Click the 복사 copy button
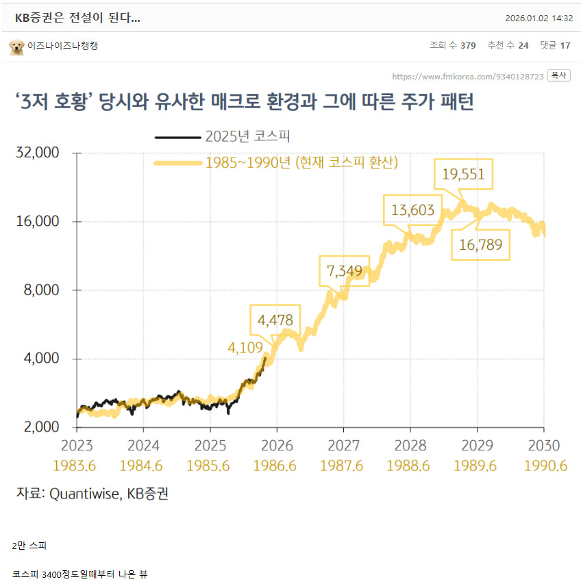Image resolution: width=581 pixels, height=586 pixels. click(560, 75)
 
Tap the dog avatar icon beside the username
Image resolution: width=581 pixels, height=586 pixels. click(16, 47)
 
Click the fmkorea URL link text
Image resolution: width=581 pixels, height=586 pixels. click(468, 76)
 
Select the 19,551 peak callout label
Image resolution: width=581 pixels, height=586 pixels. click(463, 175)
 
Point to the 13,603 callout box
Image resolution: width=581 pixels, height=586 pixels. click(412, 209)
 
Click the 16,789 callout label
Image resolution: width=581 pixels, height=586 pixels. click(481, 244)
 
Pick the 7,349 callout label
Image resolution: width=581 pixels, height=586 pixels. click(344, 271)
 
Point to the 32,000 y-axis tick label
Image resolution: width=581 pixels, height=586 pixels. click(37, 153)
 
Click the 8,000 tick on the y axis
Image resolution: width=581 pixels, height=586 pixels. click(42, 290)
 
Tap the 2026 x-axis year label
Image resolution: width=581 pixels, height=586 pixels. click(275, 446)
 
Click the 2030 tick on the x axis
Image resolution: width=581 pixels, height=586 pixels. click(543, 446)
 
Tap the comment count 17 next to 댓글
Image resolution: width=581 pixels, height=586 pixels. click(565, 46)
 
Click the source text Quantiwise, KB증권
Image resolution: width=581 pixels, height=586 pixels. click(108, 494)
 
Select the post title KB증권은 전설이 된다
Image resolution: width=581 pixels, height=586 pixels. click(77, 18)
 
